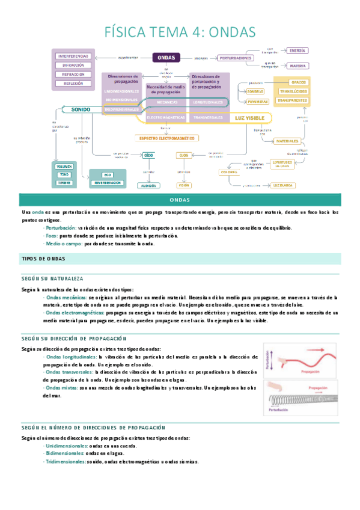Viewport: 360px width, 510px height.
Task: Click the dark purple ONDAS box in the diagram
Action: coord(166,58)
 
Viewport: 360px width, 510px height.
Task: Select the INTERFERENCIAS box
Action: coord(73,56)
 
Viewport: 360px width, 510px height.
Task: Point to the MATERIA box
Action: coord(296,66)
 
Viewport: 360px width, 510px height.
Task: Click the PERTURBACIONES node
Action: coord(236,58)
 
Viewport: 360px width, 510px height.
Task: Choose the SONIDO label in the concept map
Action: coord(81,110)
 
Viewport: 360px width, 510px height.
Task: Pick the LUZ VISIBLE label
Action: coord(249,118)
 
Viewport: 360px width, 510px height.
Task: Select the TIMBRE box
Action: coord(64,182)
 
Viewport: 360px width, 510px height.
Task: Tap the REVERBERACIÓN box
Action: coord(108,182)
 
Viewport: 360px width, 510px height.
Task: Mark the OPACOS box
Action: coord(298,82)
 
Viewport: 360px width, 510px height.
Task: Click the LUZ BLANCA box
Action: coord(283,185)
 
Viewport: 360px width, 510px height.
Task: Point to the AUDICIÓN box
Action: coord(148,186)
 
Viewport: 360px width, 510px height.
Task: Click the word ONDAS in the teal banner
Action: coord(180,200)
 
